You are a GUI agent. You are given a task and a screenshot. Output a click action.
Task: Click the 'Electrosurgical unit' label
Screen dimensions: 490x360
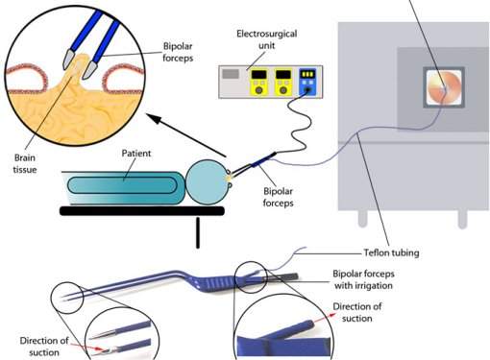266,39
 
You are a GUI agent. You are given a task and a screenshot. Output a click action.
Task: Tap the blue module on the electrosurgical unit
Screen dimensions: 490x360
307,82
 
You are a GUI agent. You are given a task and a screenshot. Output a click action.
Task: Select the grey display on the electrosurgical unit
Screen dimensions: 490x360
231,74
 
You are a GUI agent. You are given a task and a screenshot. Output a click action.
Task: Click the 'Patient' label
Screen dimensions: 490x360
136,154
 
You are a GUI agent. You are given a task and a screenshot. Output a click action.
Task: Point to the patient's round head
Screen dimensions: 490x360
208,182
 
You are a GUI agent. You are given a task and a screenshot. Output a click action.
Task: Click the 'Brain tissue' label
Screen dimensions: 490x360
25,163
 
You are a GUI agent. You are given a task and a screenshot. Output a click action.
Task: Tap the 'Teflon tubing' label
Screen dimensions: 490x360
391,252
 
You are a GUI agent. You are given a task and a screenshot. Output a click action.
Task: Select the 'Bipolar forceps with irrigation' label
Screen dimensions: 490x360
363,279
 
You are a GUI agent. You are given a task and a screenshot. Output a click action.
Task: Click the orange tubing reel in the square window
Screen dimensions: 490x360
444,87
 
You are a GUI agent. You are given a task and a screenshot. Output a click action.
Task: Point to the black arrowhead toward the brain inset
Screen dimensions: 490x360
155,119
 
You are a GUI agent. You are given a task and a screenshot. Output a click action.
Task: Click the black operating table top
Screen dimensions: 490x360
142,211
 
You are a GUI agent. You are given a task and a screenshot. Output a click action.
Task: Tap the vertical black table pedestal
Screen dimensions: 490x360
198,232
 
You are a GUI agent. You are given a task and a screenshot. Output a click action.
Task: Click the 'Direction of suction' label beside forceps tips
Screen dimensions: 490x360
44,347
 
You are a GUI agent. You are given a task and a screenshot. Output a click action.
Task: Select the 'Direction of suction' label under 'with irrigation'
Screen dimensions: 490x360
357,312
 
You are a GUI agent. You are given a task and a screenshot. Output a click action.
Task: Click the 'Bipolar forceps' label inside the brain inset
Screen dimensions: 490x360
178,52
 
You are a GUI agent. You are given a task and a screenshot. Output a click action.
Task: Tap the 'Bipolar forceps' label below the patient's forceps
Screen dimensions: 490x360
278,197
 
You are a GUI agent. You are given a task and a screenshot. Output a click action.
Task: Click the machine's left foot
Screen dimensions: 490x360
362,218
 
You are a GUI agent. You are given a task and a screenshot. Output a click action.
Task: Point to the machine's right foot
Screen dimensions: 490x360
462,219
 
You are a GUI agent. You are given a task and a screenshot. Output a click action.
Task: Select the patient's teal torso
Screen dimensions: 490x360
123,186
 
